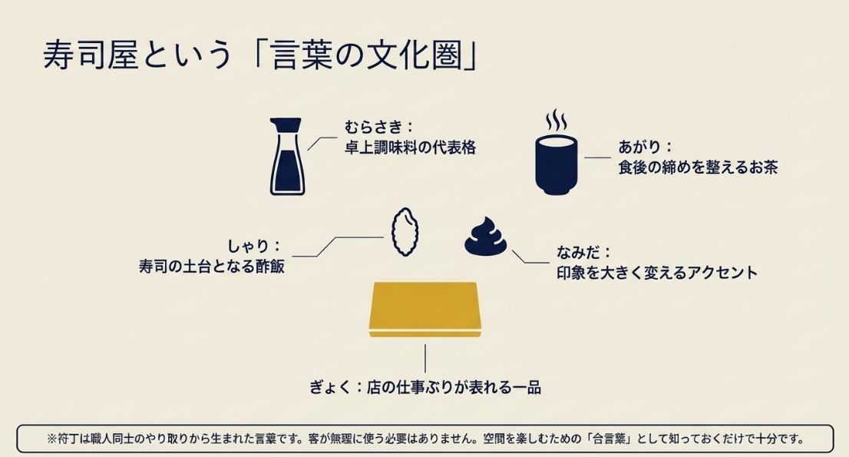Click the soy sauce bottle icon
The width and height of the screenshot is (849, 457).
point(286,157)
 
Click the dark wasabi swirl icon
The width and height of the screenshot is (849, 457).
point(486,237)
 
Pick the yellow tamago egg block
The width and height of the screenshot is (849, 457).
point(424,310)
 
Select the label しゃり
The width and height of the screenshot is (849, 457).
point(249,247)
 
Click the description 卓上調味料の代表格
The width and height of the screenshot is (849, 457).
point(410,147)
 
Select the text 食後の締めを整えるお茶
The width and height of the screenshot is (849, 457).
point(698,167)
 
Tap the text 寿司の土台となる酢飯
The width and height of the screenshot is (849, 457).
point(212,268)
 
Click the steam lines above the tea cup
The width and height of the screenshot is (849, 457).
point(557,121)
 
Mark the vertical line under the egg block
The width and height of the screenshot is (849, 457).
point(424,358)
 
